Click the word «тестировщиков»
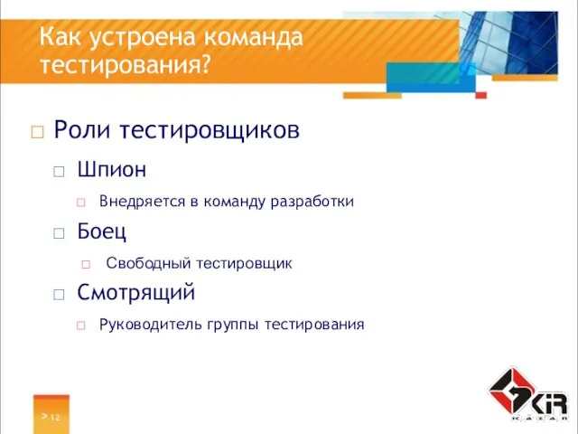[x=213, y=131]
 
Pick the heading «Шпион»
[x=112, y=169]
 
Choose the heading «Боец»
[x=102, y=231]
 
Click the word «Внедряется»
[x=141, y=201]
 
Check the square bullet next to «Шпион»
[x=60, y=170]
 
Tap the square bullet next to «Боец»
[x=60, y=232]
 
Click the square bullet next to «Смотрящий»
[x=60, y=294]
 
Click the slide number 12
[x=55, y=417]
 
